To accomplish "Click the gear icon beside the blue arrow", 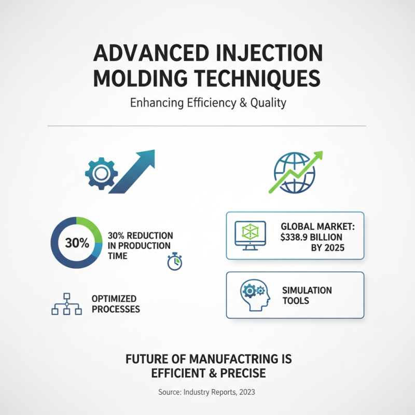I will tap(101, 172).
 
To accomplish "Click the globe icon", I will tap(294, 172).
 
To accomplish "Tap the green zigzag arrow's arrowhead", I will tap(316, 157).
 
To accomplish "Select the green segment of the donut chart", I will tap(90, 228).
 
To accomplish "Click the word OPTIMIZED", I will tap(114, 299).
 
